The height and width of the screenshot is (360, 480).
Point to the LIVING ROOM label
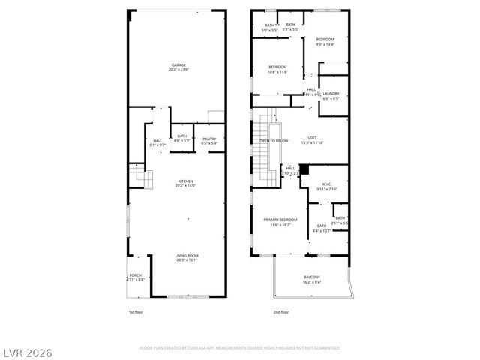click(x=186, y=258)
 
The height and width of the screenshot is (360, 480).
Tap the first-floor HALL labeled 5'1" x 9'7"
click(x=157, y=142)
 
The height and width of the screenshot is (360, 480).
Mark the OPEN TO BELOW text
click(x=274, y=141)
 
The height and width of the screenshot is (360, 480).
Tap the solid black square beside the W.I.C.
click(x=304, y=169)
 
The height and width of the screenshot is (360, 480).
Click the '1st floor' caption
click(x=135, y=311)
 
